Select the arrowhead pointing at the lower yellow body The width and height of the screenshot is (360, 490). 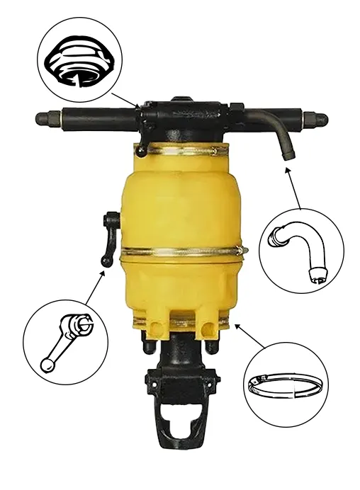coord(237,324)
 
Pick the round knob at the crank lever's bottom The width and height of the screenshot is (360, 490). coord(106,263)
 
